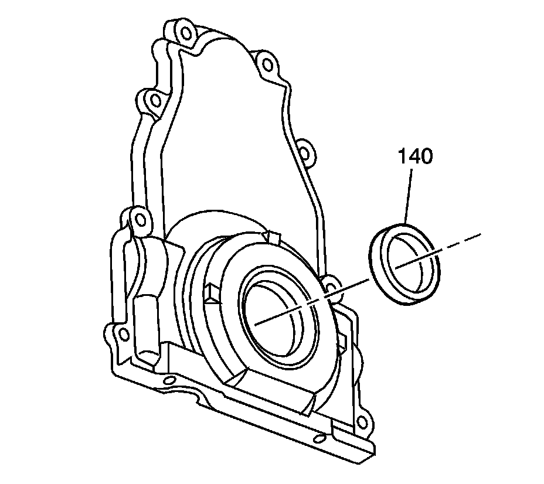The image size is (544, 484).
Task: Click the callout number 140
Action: coord(416,157)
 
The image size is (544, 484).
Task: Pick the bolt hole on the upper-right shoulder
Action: coord(266,64)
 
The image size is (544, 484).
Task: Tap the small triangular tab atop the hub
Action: coord(271,237)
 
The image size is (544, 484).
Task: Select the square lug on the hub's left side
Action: coord(212,291)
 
